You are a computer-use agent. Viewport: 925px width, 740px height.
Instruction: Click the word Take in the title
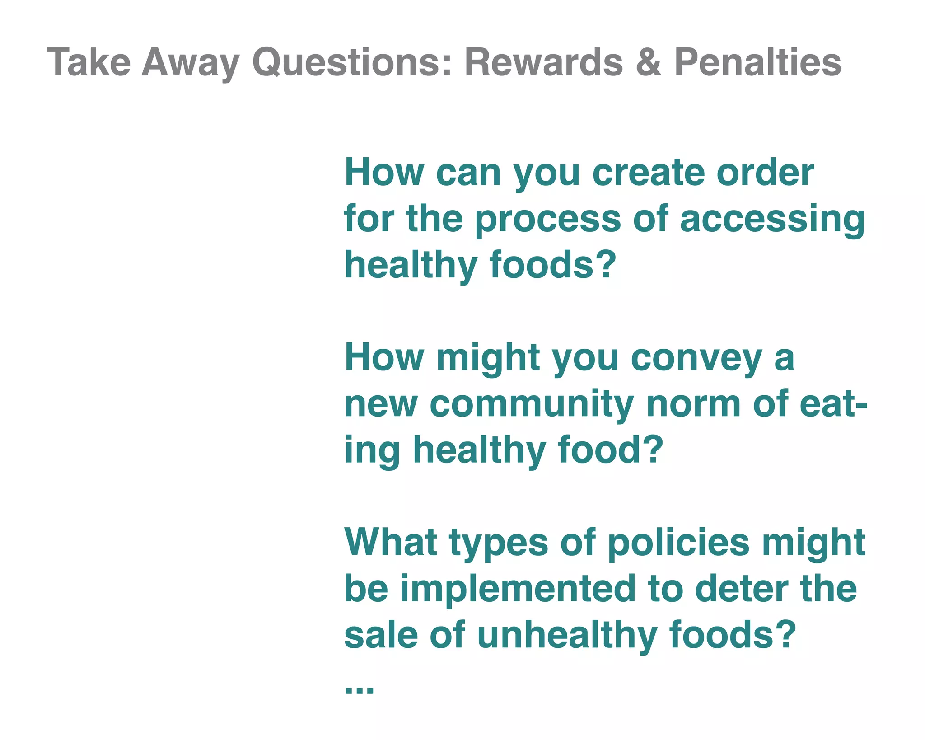89,62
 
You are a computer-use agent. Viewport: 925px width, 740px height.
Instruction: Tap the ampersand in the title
649,62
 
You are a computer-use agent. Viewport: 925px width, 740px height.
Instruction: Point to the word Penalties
757,62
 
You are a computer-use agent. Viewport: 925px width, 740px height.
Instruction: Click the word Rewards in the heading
544,62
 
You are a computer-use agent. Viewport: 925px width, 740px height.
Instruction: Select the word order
765,173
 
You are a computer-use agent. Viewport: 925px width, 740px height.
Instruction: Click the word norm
693,405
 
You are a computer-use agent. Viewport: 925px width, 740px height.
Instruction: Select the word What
391,542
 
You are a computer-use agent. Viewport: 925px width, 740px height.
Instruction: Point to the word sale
381,635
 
